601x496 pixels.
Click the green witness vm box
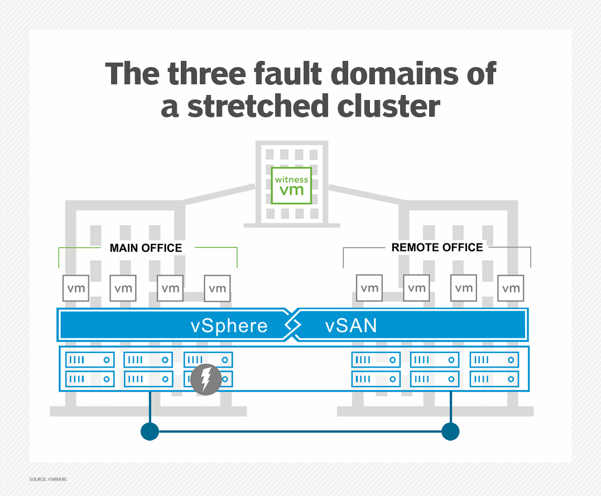coord(291,185)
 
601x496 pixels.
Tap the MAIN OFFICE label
coord(146,247)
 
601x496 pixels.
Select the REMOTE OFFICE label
coord(437,247)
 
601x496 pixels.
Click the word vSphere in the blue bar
coord(229,325)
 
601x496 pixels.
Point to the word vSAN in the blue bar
coord(350,325)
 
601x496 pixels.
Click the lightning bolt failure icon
coord(205,381)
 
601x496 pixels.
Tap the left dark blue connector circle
coord(150,431)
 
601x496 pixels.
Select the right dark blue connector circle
coord(450,431)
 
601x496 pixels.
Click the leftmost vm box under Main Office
coord(76,288)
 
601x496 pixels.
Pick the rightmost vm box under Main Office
coord(217,288)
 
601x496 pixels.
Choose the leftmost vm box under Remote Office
coord(369,288)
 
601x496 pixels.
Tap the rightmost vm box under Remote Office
coord(511,288)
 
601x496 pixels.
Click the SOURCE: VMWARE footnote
coord(48,479)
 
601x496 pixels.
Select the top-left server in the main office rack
coord(90,360)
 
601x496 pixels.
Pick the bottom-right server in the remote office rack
coord(494,379)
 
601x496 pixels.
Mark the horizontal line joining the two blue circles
coord(300,431)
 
